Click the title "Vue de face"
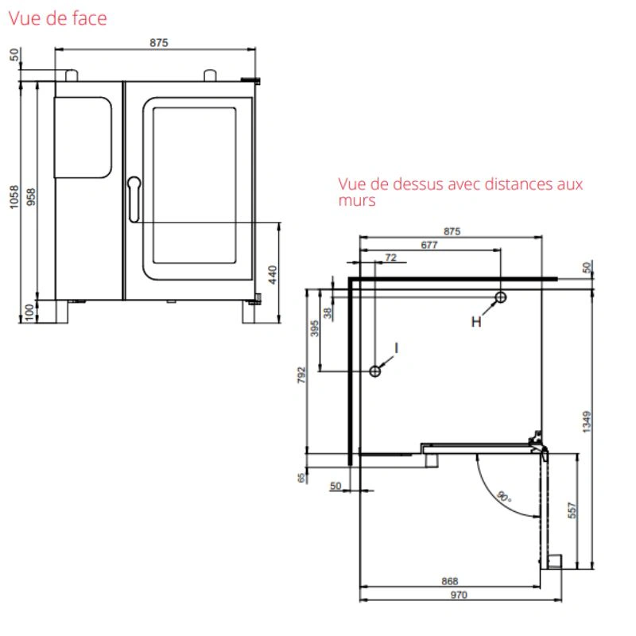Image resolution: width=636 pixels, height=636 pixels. tap(57, 18)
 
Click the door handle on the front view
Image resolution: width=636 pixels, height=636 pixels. tap(134, 200)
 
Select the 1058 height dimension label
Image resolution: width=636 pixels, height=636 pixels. tap(14, 197)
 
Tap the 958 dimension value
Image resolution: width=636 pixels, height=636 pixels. tap(31, 197)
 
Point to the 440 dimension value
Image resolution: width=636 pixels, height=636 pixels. tap(273, 274)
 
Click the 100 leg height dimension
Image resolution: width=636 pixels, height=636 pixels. tap(29, 312)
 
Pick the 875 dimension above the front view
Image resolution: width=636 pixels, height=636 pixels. tap(158, 43)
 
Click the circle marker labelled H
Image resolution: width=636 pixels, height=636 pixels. tap(501, 297)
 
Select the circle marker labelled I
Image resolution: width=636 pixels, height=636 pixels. tap(375, 371)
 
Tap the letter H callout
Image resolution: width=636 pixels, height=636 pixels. tap(476, 322)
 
